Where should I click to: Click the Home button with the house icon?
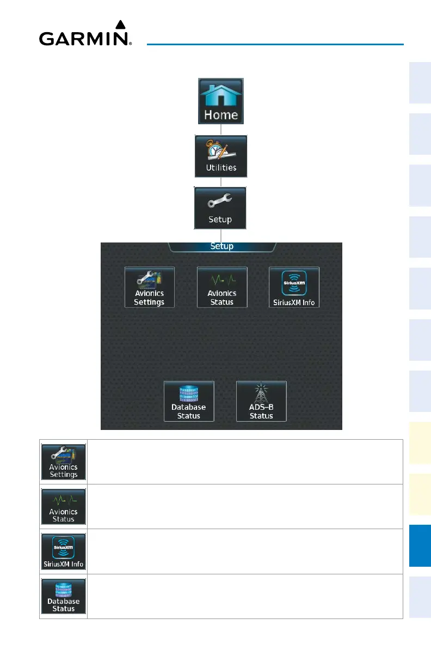tap(220, 102)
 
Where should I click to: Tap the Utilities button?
tap(221, 156)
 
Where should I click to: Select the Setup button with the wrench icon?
tap(220, 208)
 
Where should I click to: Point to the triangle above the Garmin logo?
tap(121, 25)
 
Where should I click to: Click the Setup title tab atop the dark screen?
tap(221, 246)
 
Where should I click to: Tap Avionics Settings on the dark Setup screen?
tap(150, 287)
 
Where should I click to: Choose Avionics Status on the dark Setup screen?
tap(221, 287)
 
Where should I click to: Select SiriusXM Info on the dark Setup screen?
tap(294, 287)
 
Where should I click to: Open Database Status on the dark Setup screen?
tap(189, 401)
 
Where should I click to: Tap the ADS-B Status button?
tap(261, 401)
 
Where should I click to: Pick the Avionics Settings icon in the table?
tap(64, 462)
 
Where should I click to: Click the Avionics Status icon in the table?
tap(64, 506)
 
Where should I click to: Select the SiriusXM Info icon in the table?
tap(64, 551)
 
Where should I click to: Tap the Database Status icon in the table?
tap(64, 596)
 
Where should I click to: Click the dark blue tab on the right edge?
tap(420, 545)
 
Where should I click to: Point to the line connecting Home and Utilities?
tap(220, 130)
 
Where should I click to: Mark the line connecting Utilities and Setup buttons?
tap(220, 182)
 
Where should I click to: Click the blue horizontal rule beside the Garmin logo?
tap(275, 44)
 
